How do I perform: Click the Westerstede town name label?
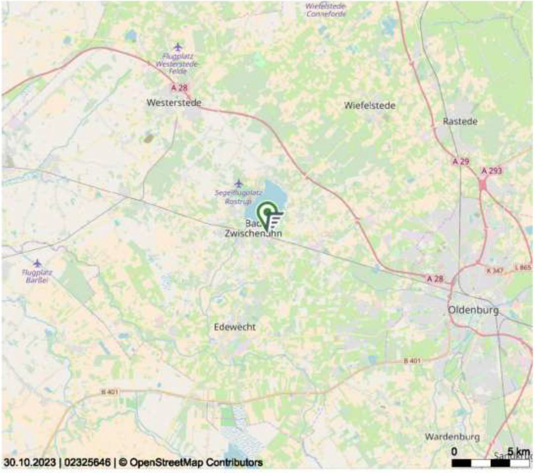point(174,103)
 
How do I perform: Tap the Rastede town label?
point(460,121)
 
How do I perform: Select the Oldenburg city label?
point(473,310)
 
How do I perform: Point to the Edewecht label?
point(235,327)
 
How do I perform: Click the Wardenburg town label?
point(452,437)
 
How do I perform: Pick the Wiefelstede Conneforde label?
point(326,10)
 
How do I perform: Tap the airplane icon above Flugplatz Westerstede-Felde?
point(178,47)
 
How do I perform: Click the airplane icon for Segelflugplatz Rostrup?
point(239,183)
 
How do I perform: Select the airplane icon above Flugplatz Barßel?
point(37,263)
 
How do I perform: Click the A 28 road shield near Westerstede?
point(179,88)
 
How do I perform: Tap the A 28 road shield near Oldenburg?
point(435,278)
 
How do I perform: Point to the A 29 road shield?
point(461,162)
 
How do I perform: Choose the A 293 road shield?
point(491,171)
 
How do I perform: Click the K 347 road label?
point(494,270)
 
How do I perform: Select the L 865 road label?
point(523,267)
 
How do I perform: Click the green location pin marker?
point(267,212)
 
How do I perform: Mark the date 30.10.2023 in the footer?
point(30,462)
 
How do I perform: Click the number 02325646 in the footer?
point(87,462)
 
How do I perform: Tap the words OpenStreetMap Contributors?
point(196,462)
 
